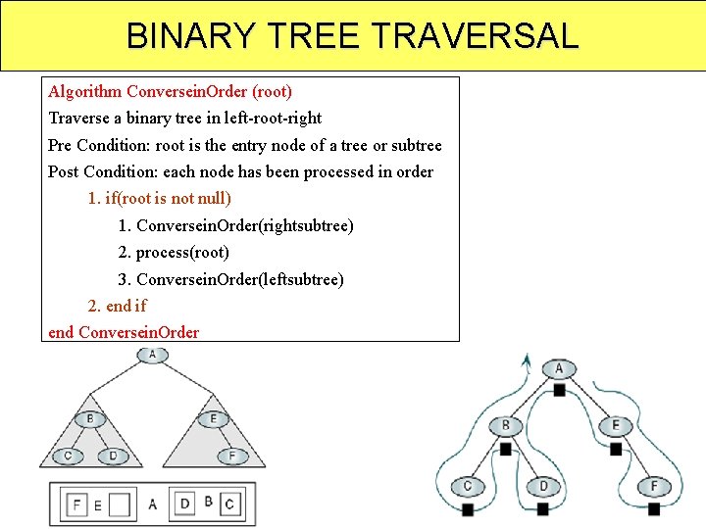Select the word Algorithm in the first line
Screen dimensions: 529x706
click(85, 91)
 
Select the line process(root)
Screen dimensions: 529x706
click(182, 252)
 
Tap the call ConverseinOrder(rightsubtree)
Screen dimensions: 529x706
click(245, 225)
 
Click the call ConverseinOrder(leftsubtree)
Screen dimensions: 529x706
click(240, 279)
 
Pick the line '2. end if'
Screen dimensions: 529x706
click(117, 306)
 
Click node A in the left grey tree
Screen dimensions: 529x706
click(152, 355)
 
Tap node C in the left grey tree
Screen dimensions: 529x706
click(68, 456)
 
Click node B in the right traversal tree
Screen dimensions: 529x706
click(506, 425)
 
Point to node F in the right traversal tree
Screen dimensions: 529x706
click(654, 486)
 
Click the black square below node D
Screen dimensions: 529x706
click(544, 509)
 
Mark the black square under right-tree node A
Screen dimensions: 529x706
click(558, 389)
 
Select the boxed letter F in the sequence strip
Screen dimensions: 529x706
click(76, 505)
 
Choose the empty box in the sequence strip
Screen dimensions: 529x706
click(119, 505)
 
